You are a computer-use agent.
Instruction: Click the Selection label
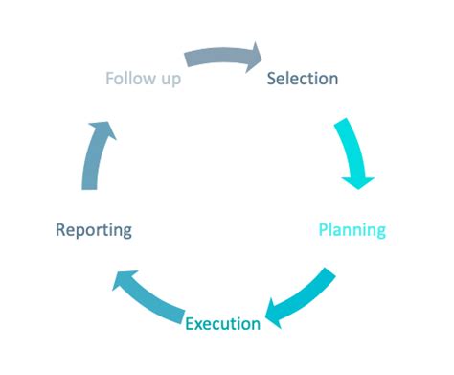tap(302, 79)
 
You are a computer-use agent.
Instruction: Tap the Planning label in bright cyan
tap(352, 230)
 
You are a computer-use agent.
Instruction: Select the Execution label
tap(222, 323)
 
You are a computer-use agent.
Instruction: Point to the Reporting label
tap(94, 230)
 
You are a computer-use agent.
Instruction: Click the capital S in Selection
tap(272, 79)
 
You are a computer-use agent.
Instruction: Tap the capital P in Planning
tap(324, 230)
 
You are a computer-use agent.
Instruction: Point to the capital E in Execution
tap(190, 323)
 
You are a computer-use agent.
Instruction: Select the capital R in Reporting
tap(61, 230)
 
